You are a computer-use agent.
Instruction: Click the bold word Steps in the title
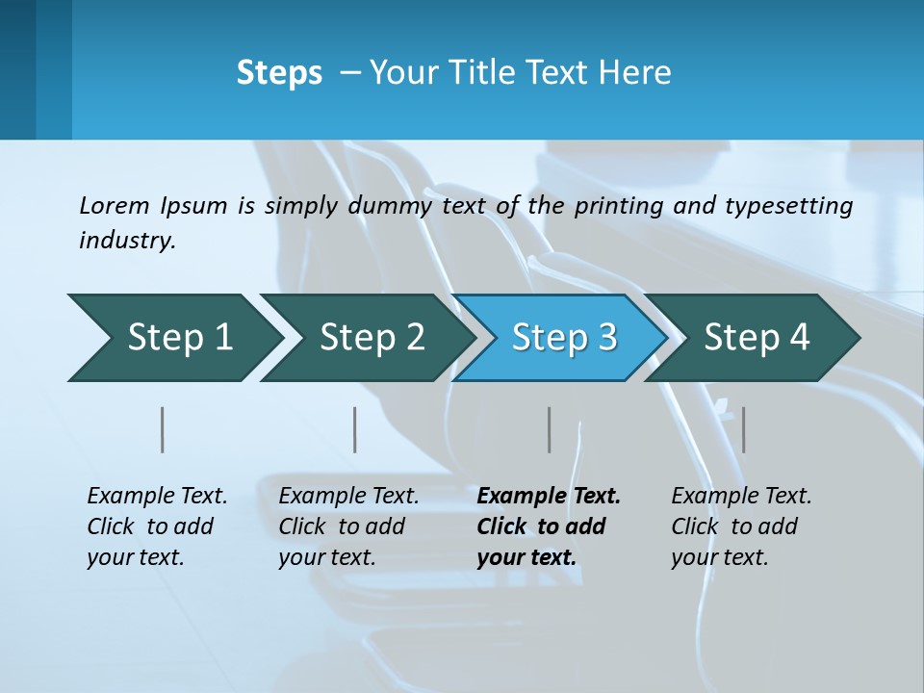pos(279,73)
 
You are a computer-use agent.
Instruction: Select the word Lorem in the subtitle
pos(115,205)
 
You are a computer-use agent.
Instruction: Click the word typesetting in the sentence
pos(788,205)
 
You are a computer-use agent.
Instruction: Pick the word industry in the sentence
pos(127,241)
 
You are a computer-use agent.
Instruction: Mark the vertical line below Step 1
pos(163,429)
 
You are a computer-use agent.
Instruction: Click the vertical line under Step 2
pos(355,429)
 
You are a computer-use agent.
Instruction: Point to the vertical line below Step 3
pos(550,429)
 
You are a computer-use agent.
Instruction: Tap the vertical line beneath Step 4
pos(743,429)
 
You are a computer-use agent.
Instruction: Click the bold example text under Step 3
pos(549,526)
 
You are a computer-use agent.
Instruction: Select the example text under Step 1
pos(157,526)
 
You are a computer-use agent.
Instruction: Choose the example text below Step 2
pos(348,526)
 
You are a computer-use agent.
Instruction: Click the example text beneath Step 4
pos(741,526)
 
